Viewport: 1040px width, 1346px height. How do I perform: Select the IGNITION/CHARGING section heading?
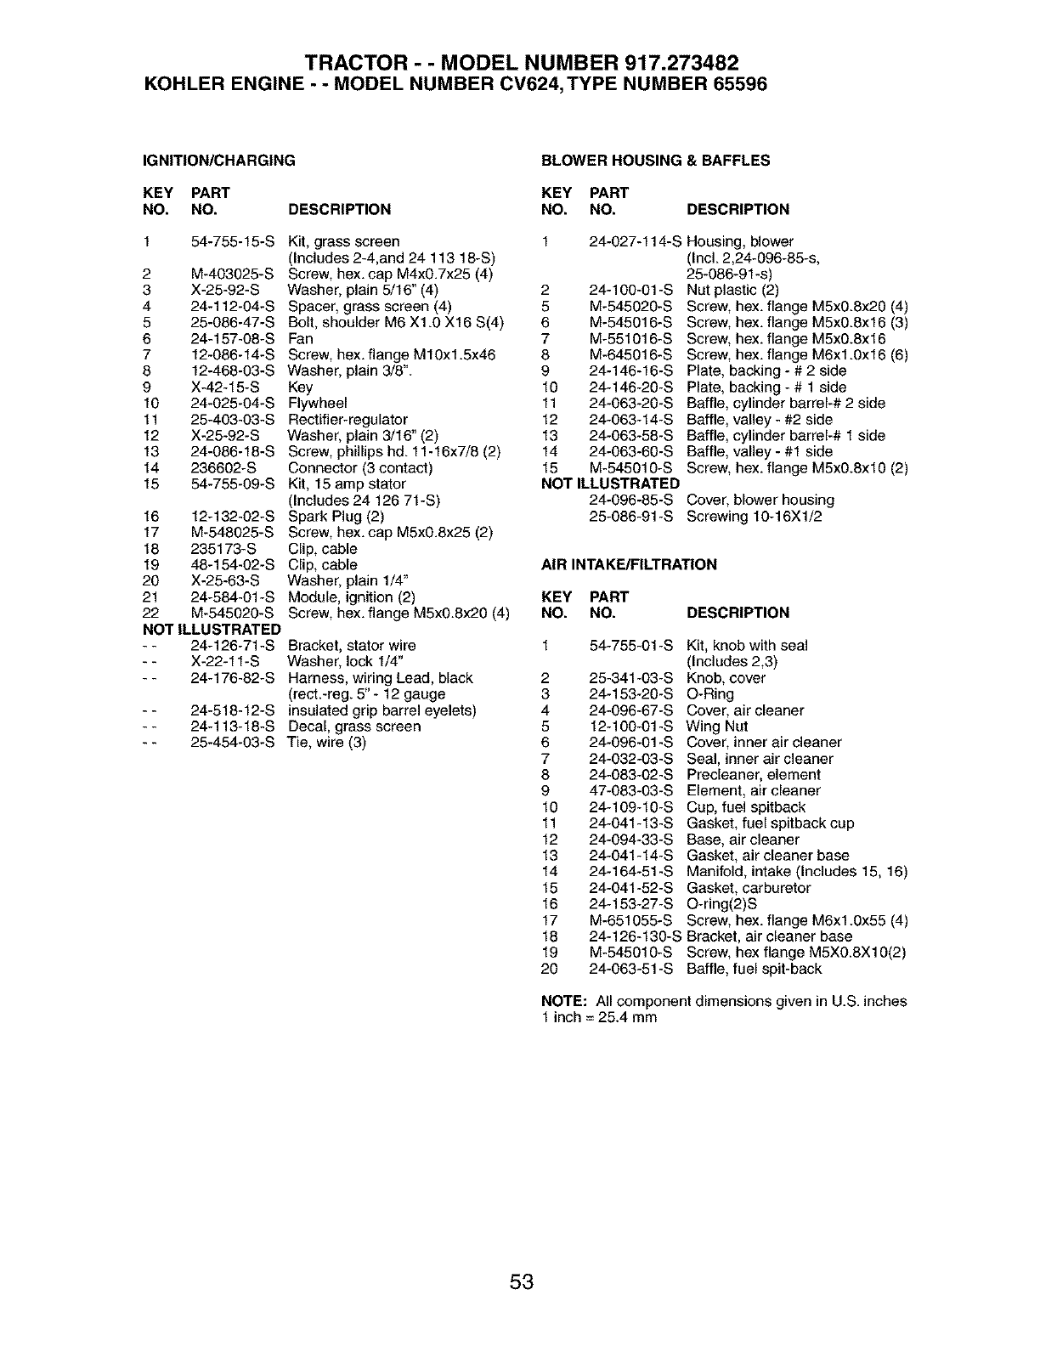point(219,160)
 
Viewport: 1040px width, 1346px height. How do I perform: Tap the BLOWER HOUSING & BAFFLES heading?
point(655,160)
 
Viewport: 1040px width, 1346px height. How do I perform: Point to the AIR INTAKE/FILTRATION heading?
point(629,564)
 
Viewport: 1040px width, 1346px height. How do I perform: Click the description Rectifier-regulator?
point(348,419)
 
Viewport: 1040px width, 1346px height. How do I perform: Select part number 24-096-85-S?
point(630,501)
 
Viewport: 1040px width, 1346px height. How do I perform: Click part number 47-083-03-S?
point(630,791)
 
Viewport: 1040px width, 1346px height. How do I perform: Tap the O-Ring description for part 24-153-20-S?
point(709,694)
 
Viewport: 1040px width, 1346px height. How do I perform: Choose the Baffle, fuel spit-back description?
point(754,969)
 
